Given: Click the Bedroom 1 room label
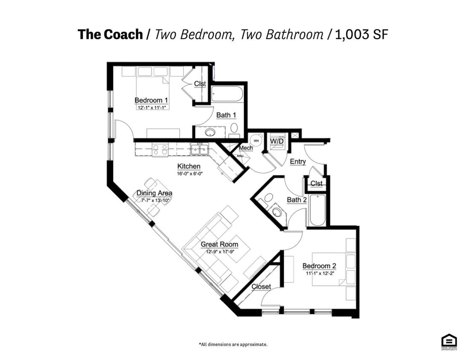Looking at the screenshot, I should pos(151,101).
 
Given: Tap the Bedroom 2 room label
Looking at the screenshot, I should pos(319,266).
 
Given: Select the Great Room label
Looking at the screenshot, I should pos(219,244).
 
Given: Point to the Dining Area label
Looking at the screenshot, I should pos(154,193).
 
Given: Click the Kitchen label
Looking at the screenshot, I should pos(189,166).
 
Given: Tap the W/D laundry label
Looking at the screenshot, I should pos(277,140).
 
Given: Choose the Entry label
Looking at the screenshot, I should pos(297,162).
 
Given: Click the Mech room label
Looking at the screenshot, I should pos(246,148).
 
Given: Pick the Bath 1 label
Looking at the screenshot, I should pos(226,115).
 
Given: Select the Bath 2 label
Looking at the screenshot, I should pos(297,200).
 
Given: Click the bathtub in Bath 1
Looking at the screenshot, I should pos(227,94).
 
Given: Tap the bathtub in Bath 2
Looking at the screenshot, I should pos(317,210).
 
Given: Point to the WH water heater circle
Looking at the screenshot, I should pos(256,140).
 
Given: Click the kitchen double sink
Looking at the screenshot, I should pos(200,149).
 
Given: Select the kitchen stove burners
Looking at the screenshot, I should pos(160,149).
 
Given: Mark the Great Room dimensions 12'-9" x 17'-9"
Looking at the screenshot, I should pos(220,252).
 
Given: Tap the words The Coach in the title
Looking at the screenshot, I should pos(110,35).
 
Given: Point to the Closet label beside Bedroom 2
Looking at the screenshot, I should pos(261,287).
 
